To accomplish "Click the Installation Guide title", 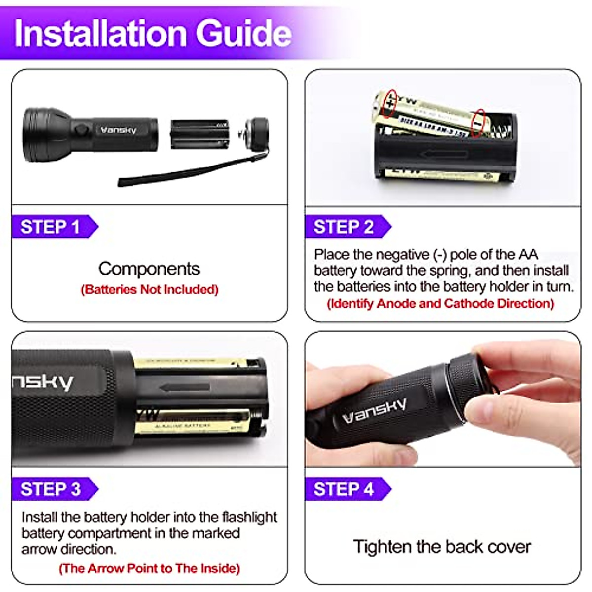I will (x=153, y=34).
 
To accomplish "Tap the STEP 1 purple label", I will (x=50, y=227).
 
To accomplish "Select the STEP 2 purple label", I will (x=344, y=227).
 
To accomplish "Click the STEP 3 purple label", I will (x=50, y=489).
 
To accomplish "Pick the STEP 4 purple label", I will (x=344, y=489).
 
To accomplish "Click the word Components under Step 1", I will (x=149, y=269).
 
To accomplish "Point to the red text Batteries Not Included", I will (x=149, y=290).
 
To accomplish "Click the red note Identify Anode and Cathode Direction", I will (x=441, y=303).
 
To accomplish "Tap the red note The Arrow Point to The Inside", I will (x=149, y=568).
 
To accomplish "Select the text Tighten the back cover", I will (x=442, y=547).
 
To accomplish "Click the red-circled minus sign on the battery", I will (x=478, y=123).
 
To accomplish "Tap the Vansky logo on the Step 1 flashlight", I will (x=118, y=130).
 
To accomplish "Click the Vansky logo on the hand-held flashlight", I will (x=375, y=411).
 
